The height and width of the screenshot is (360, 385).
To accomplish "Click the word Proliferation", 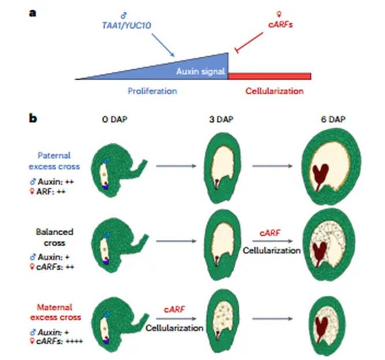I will (151, 91).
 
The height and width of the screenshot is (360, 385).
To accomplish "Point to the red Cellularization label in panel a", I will (274, 91).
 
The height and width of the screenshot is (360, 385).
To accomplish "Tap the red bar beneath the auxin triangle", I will (269, 76).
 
